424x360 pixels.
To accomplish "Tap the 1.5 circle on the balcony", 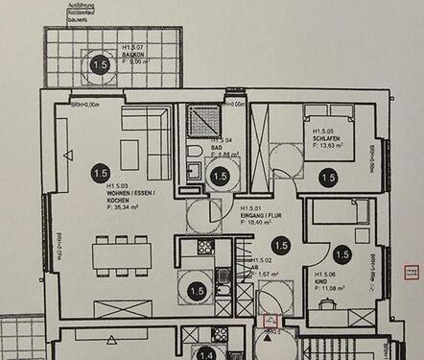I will (99, 65).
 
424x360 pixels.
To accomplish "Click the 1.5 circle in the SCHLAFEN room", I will (327, 178).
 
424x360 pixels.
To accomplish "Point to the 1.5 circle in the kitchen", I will (198, 290).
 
